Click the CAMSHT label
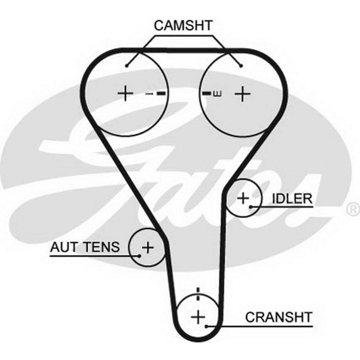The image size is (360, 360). (x=183, y=26)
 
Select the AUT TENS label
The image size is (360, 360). (x=85, y=247)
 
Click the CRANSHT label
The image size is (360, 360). (x=278, y=317)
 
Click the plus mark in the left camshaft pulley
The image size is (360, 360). (x=125, y=94)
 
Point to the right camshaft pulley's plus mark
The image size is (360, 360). (x=242, y=94)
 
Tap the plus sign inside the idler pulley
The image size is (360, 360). (x=243, y=198)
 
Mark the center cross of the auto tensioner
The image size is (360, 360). (x=147, y=247)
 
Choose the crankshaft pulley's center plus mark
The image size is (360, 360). (x=197, y=317)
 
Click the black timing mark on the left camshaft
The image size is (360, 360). (x=162, y=94)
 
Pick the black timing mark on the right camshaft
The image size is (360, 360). (x=206, y=94)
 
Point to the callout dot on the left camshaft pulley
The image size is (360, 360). (x=127, y=66)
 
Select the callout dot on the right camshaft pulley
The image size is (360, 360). (x=241, y=66)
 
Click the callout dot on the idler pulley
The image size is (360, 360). (x=251, y=207)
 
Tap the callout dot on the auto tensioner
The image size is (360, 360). (x=139, y=256)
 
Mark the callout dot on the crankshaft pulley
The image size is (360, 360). (x=206, y=326)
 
